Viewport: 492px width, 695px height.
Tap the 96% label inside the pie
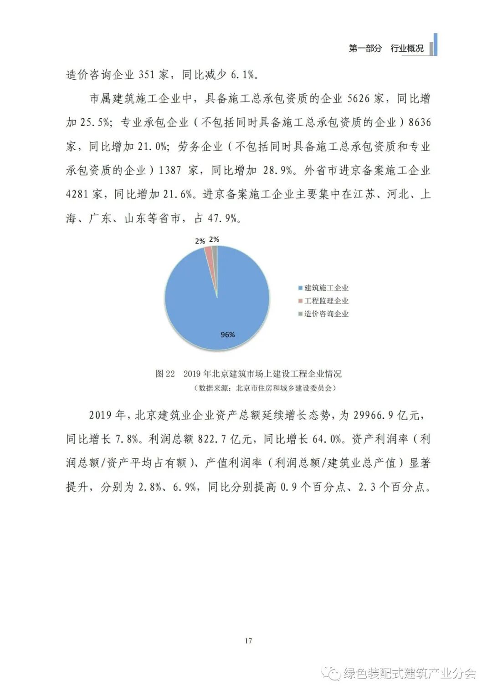(227, 335)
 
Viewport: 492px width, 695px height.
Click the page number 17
(248, 641)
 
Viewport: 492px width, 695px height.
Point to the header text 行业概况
(407, 48)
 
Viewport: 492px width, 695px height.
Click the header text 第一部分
(365, 48)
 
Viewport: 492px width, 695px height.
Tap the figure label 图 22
(165, 374)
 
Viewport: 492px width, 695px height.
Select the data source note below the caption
(264, 388)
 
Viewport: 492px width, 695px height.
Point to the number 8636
(420, 122)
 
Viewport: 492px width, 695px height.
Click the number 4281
(77, 194)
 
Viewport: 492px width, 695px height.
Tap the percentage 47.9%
(223, 218)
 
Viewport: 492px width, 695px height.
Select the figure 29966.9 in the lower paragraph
(373, 415)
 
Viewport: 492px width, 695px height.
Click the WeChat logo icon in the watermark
(332, 673)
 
